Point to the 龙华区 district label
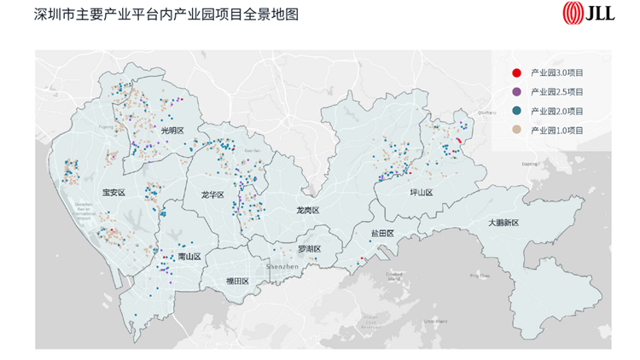(212, 195)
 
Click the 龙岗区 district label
(307, 210)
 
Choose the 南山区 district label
(189, 257)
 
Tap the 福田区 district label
(236, 282)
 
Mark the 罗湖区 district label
(309, 249)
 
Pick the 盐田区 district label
(382, 233)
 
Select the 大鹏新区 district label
(503, 222)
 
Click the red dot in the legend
(516, 72)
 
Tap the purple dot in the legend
(516, 91)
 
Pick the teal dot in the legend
(516, 111)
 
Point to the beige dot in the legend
(516, 131)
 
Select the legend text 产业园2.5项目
(557, 91)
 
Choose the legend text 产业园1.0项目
(557, 131)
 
